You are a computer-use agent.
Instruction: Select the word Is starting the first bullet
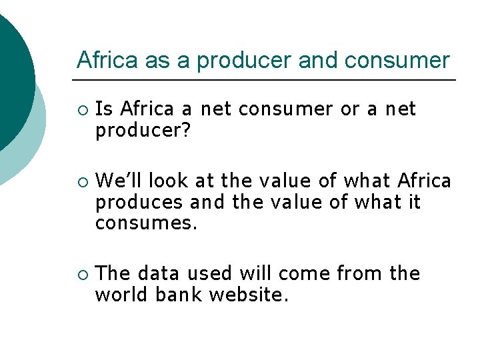point(104,109)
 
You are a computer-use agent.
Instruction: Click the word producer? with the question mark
point(143,131)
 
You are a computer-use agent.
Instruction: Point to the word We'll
point(119,180)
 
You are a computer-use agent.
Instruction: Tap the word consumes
point(147,223)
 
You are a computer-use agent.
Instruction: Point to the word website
point(249,295)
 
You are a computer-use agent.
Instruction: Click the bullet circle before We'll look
point(82,181)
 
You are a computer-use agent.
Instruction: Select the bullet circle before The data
point(82,274)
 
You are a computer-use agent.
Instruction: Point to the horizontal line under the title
point(267,80)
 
